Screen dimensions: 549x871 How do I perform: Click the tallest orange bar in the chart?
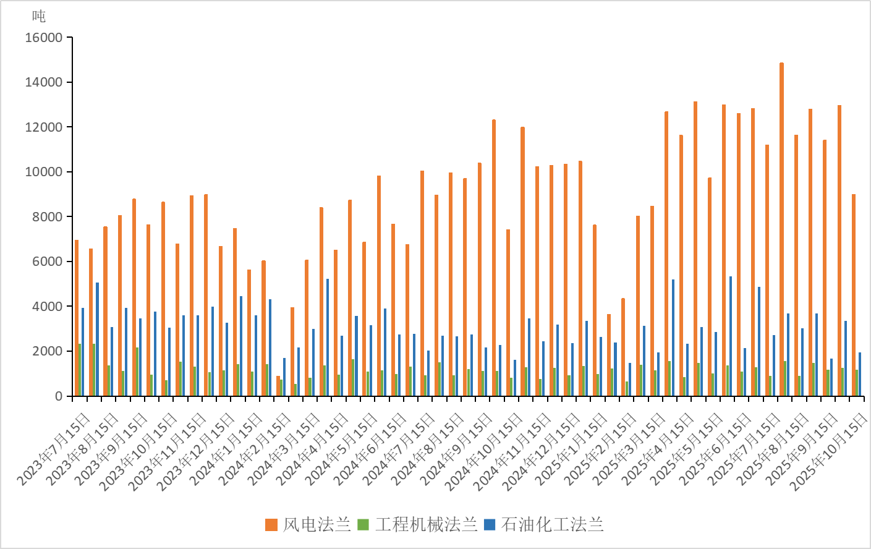pos(781,229)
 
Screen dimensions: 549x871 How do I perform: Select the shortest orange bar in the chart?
pos(278,386)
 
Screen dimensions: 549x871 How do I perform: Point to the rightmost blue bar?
pos(860,374)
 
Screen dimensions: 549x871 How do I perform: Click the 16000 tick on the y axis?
pos(43,38)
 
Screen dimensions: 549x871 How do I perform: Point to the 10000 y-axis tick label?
pos(43,172)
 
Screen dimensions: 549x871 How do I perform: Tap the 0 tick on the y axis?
pos(58,396)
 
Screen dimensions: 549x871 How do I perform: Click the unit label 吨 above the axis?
pos(39,16)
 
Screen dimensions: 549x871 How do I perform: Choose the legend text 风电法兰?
pos(317,525)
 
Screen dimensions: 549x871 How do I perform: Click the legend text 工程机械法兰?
pos(427,525)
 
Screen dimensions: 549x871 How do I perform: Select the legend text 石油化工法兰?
pos(552,525)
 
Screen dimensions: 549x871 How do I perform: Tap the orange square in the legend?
pos(271,525)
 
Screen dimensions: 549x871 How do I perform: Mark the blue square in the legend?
pos(490,525)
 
